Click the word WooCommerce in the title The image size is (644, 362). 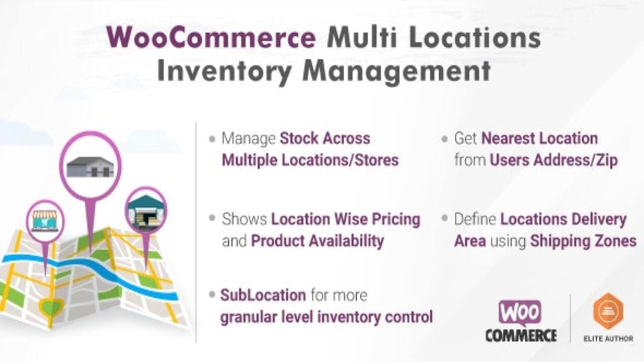click(x=211, y=38)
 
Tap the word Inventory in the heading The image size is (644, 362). click(x=224, y=71)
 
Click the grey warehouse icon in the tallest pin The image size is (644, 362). click(x=90, y=166)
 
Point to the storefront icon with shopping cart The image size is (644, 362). click(x=45, y=221)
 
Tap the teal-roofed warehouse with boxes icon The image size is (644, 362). click(x=146, y=211)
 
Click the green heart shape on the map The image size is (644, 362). click(x=51, y=306)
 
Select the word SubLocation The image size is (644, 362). click(x=263, y=295)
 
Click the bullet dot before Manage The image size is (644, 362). click(x=212, y=139)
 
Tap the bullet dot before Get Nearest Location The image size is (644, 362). click(x=444, y=139)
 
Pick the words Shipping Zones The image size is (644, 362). click(x=583, y=241)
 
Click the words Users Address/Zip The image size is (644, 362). click(x=554, y=160)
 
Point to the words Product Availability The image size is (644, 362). click(x=317, y=241)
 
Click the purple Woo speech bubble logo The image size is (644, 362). click(x=520, y=313)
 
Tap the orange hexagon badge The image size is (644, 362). click(x=608, y=311)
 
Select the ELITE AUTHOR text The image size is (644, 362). click(x=608, y=338)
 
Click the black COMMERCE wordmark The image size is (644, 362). click(x=521, y=335)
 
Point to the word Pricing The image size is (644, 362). click(x=396, y=220)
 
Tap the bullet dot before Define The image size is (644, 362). click(x=444, y=218)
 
